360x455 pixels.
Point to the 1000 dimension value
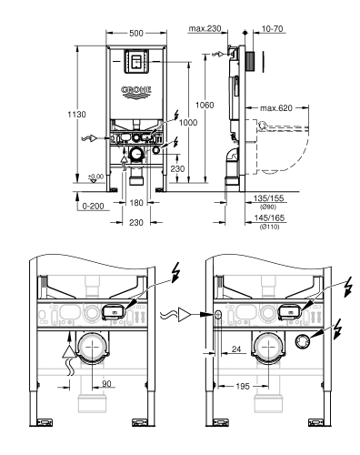[188, 123]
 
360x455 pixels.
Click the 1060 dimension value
[205, 106]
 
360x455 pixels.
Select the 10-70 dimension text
[268, 28]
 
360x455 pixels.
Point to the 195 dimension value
[240, 386]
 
